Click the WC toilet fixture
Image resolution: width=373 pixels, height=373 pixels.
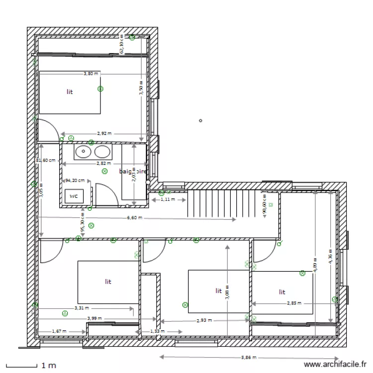pyautogui.click(x=74, y=196)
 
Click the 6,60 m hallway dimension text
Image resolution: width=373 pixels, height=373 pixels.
pyautogui.click(x=134, y=218)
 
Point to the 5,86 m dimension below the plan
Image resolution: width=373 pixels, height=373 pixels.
pyautogui.click(x=249, y=357)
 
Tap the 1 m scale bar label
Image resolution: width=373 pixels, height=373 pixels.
pyautogui.click(x=48, y=366)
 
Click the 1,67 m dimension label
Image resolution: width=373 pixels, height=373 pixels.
pyautogui.click(x=60, y=331)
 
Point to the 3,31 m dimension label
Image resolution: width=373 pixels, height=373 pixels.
pyautogui.click(x=82, y=308)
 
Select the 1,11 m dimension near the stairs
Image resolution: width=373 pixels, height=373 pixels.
pyautogui.click(x=168, y=199)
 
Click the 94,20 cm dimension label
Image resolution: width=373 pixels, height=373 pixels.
pyautogui.click(x=75, y=181)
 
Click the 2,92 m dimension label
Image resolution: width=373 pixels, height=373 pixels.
pyautogui.click(x=104, y=133)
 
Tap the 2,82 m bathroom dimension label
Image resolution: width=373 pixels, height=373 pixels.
pyautogui.click(x=103, y=163)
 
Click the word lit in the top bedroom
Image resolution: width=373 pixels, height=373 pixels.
pyautogui.click(x=70, y=92)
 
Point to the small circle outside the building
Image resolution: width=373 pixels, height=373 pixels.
pyautogui.click(x=200, y=120)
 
